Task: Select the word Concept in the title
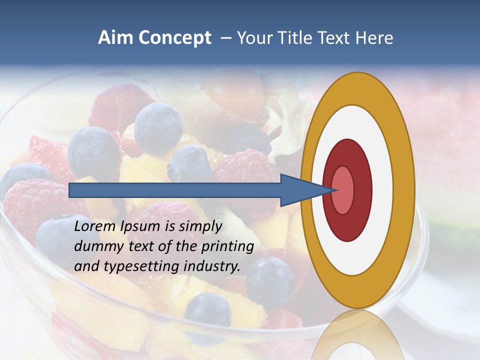[175, 38]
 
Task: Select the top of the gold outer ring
[357, 87]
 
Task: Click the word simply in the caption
[200, 226]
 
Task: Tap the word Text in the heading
[335, 38]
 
